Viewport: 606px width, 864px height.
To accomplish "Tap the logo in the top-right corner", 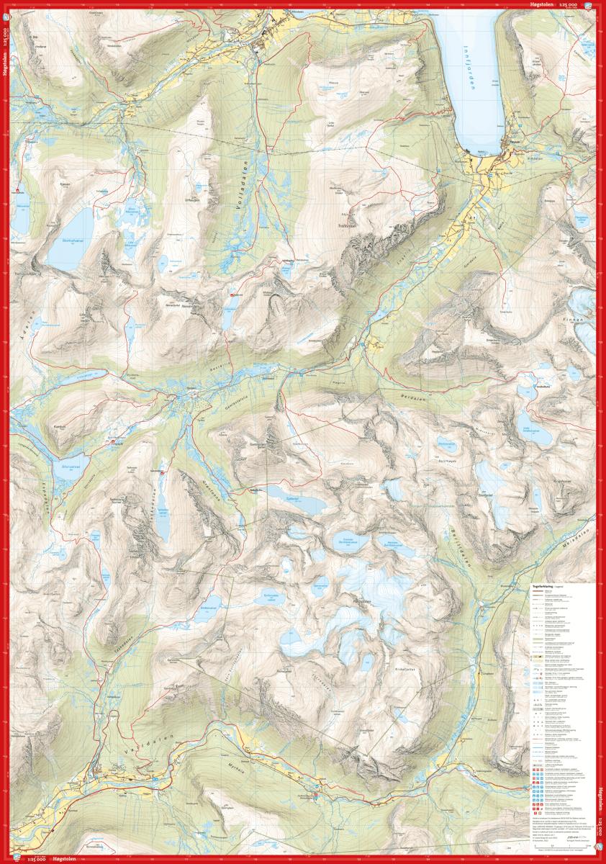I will coord(589,6).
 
